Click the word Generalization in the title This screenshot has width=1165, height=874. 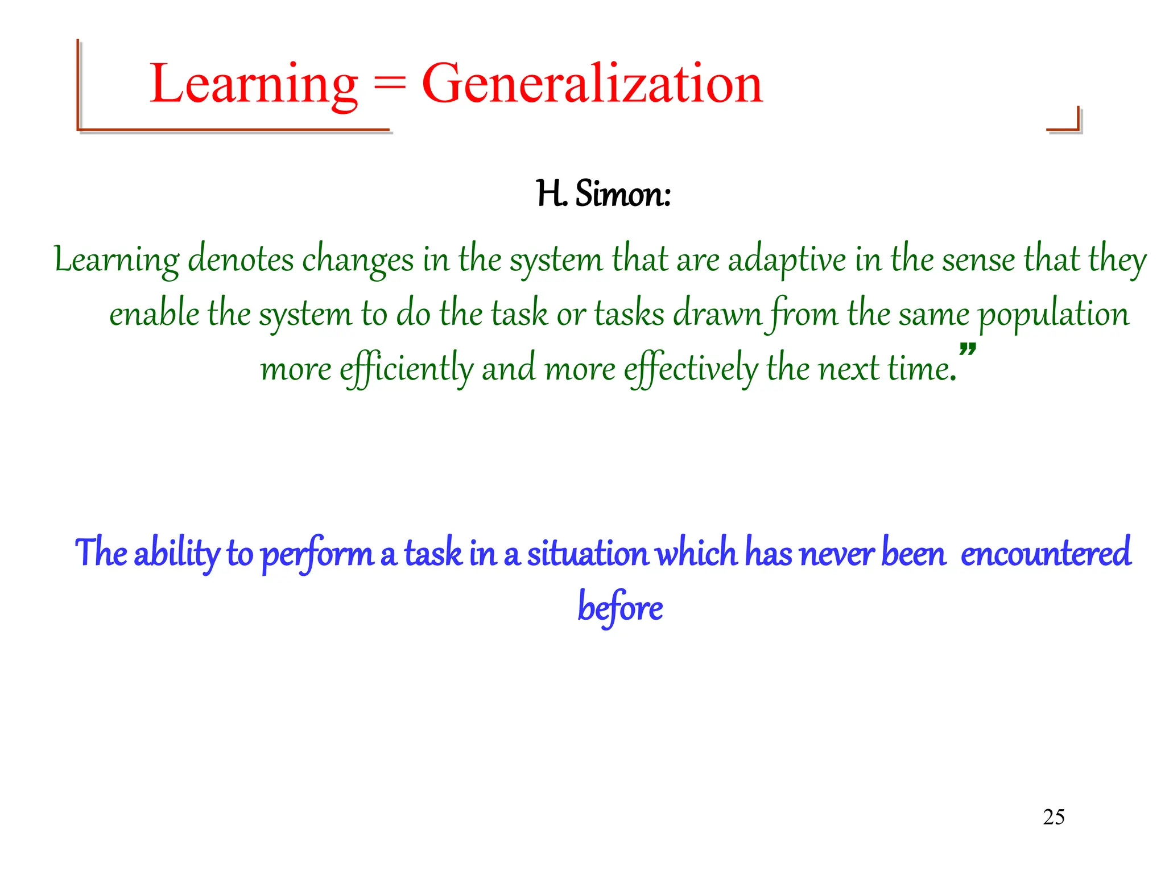pos(592,84)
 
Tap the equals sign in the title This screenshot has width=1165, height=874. pos(390,85)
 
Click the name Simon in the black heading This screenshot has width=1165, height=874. pos(623,194)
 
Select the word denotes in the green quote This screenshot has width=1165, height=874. pos(241,259)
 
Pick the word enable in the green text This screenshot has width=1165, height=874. pos(154,314)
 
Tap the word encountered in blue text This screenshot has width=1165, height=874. pos(1046,553)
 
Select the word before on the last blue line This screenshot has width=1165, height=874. pos(620,608)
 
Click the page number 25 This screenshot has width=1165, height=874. pos(1054,817)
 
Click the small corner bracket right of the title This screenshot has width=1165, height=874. pos(1065,121)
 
